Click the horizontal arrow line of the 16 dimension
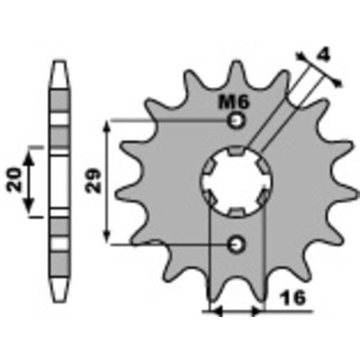(x=231, y=312)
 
